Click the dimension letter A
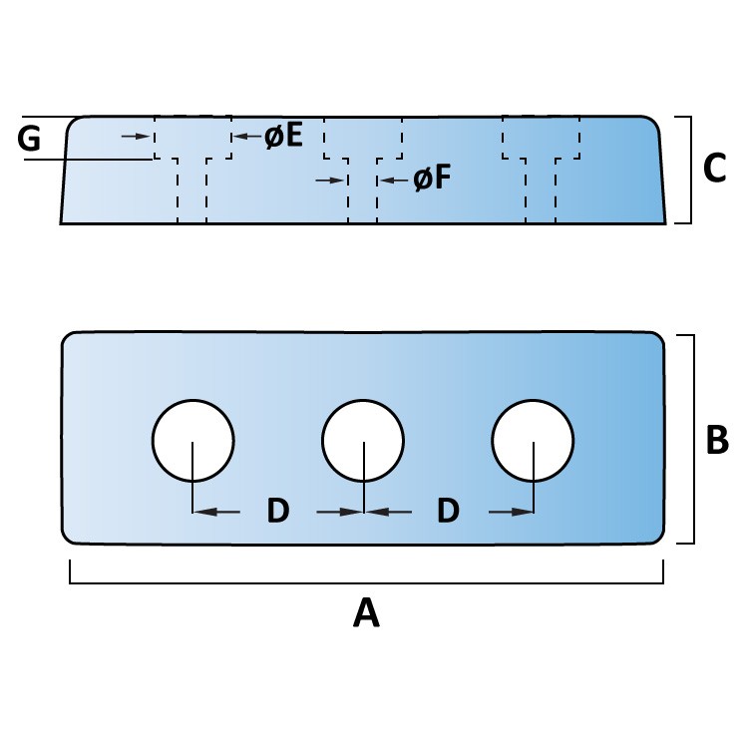366,613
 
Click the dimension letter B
717,439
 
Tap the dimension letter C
715,168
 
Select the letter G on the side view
29,140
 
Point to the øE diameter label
284,136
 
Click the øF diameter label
432,179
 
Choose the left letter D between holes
278,511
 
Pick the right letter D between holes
448,511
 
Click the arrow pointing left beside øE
246,137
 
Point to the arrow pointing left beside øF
394,181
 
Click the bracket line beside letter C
690,170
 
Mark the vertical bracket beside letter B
693,439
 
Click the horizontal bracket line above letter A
366,582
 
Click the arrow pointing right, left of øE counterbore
136,137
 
